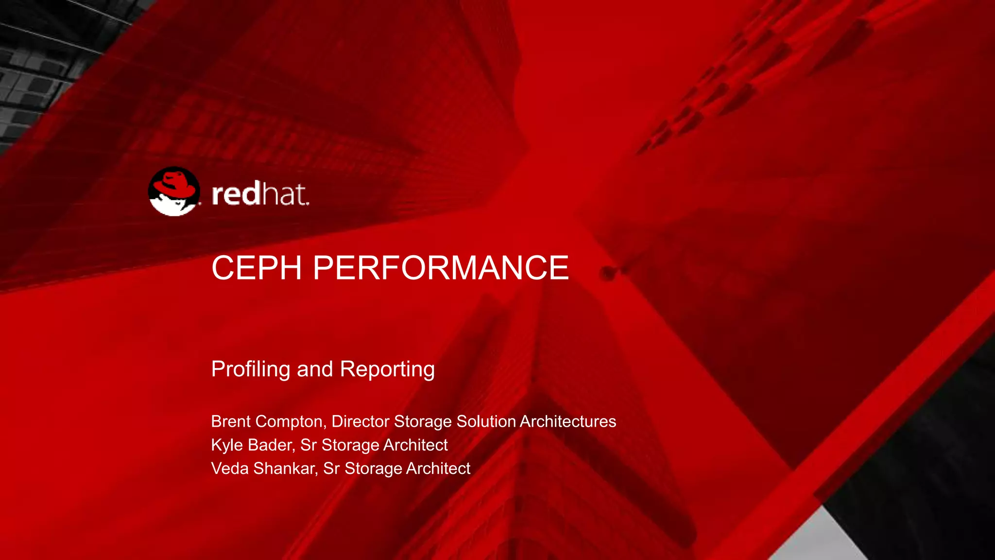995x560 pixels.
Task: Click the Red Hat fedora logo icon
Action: [x=174, y=192]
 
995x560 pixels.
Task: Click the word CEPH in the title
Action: [x=257, y=268]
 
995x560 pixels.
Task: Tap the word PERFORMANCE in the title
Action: [x=441, y=268]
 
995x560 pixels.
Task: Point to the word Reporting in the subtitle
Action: [x=387, y=369]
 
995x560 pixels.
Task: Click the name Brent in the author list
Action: [x=231, y=421]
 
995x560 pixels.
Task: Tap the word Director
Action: [x=360, y=421]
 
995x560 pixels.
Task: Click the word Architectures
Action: [x=567, y=421]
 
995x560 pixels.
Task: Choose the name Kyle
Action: [x=227, y=445]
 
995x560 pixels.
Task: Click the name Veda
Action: [x=230, y=469]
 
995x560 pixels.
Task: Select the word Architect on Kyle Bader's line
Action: [x=415, y=445]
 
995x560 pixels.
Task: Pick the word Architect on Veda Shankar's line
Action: [x=438, y=469]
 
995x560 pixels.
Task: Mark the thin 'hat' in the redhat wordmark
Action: [x=285, y=194]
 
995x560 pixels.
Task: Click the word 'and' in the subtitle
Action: [x=315, y=369]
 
